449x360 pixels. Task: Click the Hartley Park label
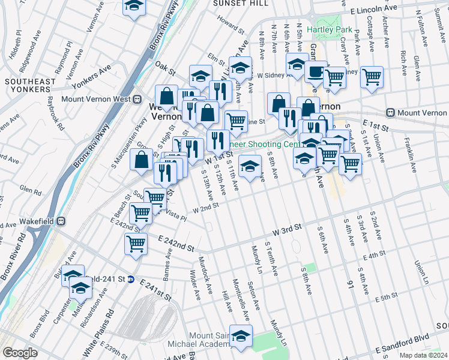(x=330, y=29)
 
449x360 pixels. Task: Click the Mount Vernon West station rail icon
(x=137, y=98)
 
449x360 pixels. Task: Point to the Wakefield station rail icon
(x=61, y=220)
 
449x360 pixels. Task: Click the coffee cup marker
(x=315, y=73)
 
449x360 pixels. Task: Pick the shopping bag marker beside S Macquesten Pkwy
(x=141, y=160)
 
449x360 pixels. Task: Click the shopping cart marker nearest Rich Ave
(x=372, y=76)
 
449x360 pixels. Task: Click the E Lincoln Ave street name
(x=377, y=11)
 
